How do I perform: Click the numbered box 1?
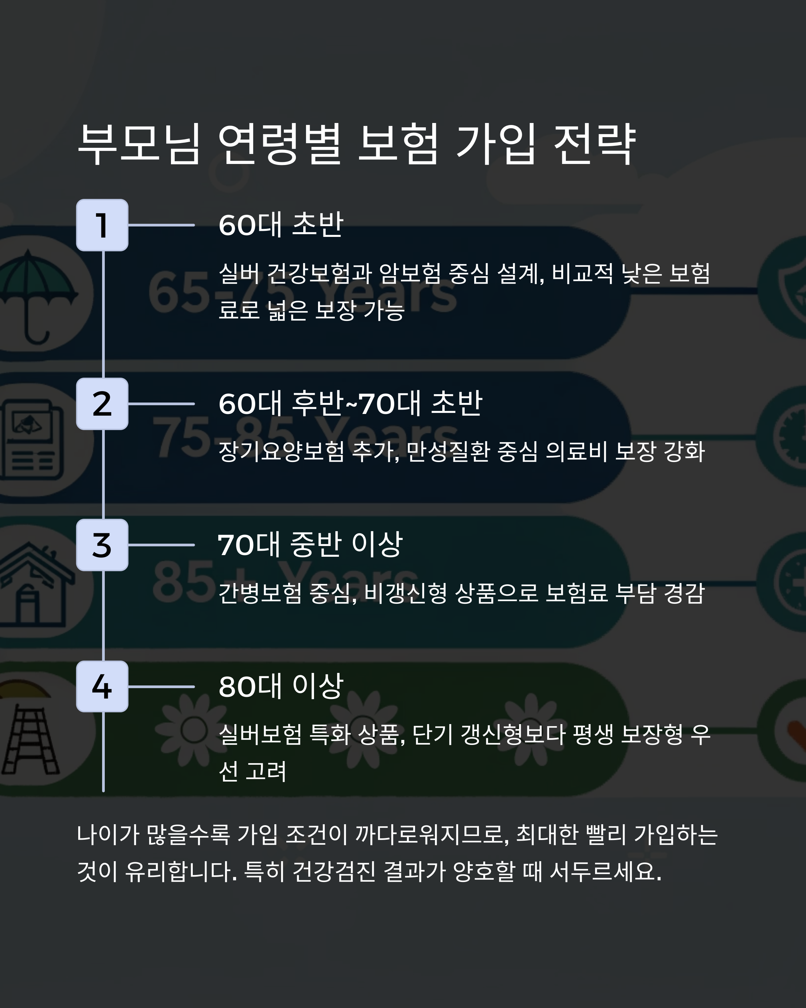coord(102,225)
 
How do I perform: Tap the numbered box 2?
coord(102,404)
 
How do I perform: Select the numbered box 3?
coord(102,545)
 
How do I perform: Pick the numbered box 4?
coord(102,686)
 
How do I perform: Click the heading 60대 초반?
coord(281,225)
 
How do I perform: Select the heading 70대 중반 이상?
coord(310,545)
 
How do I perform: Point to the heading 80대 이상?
coord(281,686)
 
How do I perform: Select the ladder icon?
coord(30,739)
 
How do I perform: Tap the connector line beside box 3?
coord(161,545)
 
